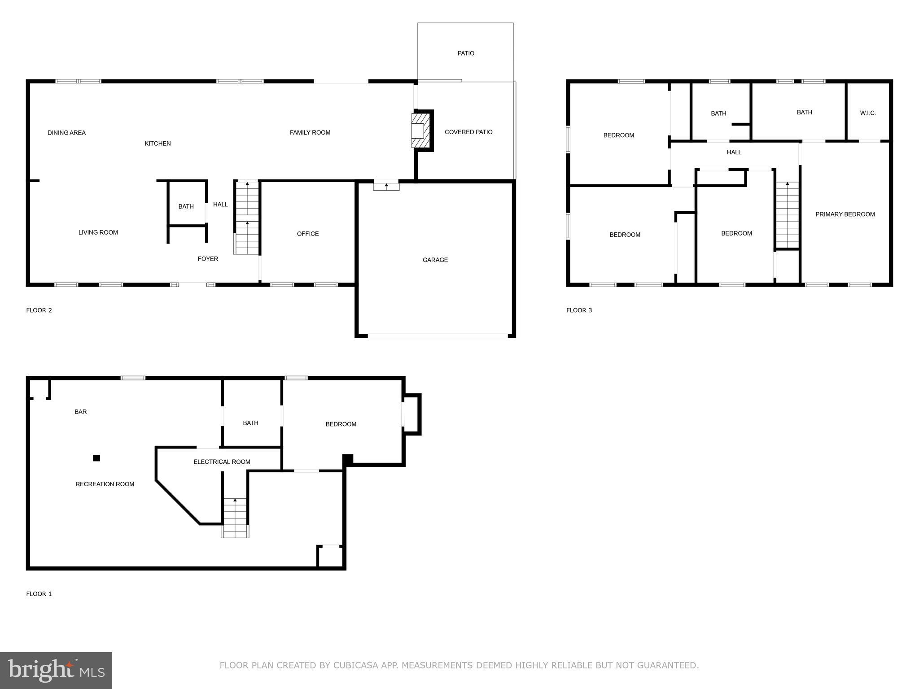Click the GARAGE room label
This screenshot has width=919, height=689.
[435, 260]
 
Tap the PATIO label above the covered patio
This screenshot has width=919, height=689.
[466, 53]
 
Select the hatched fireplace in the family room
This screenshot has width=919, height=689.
[420, 130]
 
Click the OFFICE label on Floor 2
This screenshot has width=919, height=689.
[308, 234]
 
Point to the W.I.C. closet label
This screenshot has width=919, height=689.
[868, 113]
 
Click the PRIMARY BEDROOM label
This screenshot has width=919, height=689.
[845, 214]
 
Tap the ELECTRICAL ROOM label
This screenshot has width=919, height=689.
[222, 462]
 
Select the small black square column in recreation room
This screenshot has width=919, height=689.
[96, 458]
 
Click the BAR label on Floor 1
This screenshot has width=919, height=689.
[81, 411]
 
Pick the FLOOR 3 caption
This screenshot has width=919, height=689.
[579, 310]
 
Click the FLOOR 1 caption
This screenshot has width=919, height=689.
[39, 593]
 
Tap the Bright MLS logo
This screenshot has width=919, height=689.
[56, 670]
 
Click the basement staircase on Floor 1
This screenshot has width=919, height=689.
[235, 518]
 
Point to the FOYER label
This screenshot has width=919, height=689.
[208, 259]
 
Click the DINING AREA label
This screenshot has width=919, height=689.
[66, 133]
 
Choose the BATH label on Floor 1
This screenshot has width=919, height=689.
[250, 423]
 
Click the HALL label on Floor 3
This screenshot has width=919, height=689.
[734, 152]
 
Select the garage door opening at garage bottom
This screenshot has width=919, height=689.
[438, 336]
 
